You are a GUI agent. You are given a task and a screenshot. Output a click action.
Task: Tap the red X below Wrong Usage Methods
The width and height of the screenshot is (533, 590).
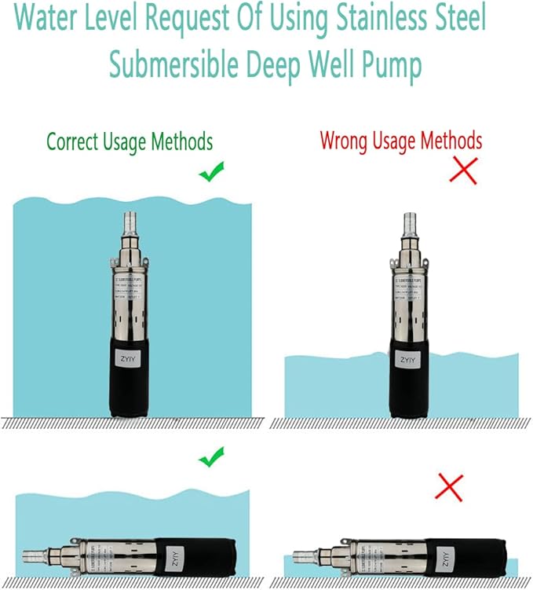click(463, 170)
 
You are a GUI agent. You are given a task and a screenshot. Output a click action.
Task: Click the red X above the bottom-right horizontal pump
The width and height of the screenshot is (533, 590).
click(449, 487)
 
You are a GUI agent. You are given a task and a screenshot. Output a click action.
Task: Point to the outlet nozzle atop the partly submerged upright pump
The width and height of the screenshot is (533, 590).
click(409, 223)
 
